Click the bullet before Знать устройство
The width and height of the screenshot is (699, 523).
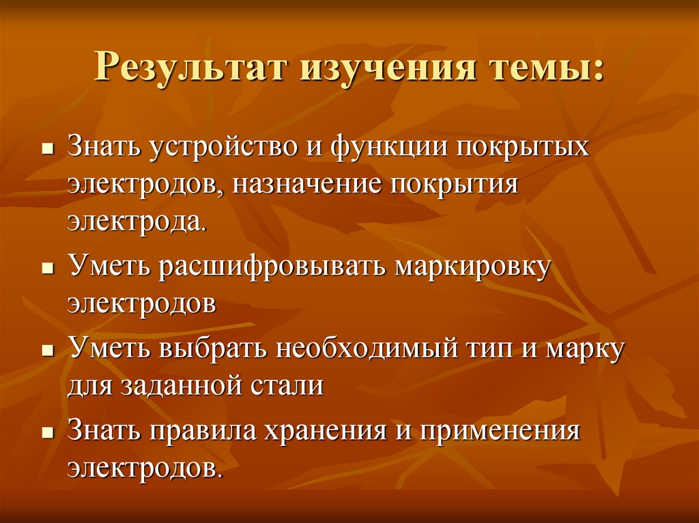(x=47, y=149)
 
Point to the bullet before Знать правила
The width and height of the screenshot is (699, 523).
(x=47, y=433)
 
